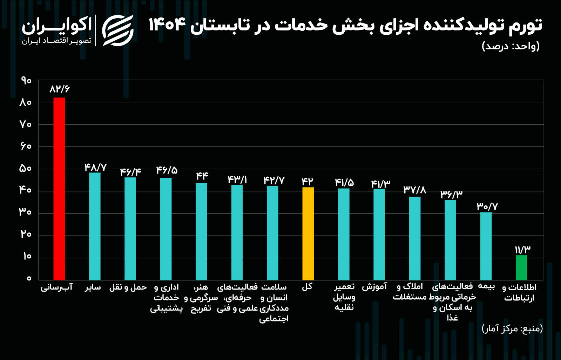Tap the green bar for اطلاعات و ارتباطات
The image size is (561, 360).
pos(521,267)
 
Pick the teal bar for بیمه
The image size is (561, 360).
pos(486,246)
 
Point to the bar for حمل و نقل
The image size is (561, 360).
pos(130,229)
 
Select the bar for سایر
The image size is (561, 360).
pos(95,226)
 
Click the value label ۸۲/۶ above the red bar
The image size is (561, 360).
pos(60,89)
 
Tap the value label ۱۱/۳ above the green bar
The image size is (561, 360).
pos(522,250)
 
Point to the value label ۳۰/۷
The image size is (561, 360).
pos(487,206)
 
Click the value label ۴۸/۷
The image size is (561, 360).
pos(95,168)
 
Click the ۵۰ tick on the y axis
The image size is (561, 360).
pos(26,169)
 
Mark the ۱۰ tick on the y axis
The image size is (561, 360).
pos(27,256)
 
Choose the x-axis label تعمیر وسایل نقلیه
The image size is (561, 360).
pos(344,297)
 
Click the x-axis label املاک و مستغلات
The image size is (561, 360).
pos(410,292)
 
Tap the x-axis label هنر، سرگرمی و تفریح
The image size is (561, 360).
pos(201,298)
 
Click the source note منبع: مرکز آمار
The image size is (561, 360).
pos(512,328)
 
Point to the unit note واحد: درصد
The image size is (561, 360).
pos(511,46)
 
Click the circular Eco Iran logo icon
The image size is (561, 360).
pos(118,30)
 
